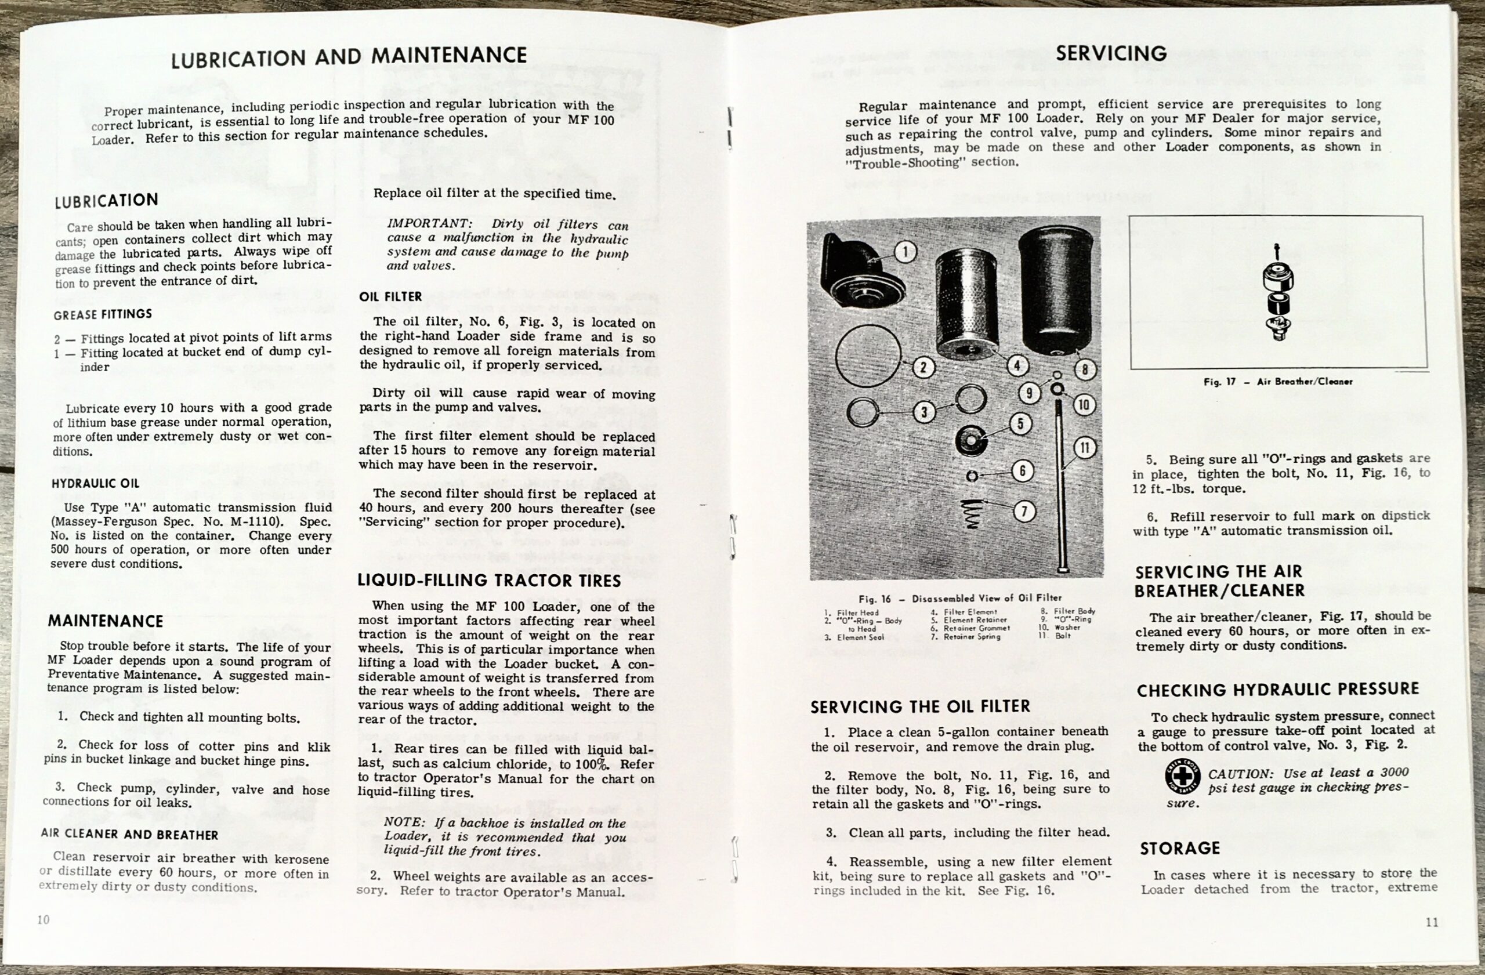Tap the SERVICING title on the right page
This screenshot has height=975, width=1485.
(1111, 53)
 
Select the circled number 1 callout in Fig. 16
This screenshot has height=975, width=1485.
(905, 253)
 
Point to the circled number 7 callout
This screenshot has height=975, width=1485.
(1023, 512)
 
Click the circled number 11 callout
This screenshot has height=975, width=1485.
(1084, 447)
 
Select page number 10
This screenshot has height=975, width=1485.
(43, 919)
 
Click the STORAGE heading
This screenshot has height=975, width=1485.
(1179, 849)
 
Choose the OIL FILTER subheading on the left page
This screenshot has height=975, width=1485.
(390, 297)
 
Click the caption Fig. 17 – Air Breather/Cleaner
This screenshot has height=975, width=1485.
(1278, 382)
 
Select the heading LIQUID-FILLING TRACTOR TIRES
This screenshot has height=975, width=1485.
(489, 581)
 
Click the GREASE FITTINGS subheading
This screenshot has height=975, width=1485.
(102, 314)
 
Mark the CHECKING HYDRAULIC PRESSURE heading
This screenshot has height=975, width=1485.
(1278, 690)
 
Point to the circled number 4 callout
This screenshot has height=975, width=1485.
(1016, 365)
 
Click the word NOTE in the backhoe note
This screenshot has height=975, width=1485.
(403, 823)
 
